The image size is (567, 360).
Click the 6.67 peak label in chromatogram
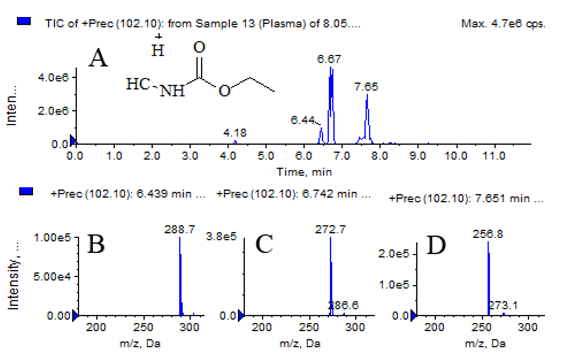point(329,59)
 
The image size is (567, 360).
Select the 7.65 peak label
point(366,86)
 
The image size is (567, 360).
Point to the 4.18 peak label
point(235,132)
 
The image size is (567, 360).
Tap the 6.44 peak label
point(303,120)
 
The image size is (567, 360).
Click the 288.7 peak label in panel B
point(180,229)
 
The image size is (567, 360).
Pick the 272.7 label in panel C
point(330,229)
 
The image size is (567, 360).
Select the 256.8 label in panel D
point(488,234)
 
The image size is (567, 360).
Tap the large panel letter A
point(98,58)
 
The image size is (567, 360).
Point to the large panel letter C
point(264,244)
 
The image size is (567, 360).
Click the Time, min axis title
point(304,172)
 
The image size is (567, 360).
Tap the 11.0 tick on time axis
point(494,156)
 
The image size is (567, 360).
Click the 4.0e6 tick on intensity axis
point(53,77)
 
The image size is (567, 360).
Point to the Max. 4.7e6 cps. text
point(503,24)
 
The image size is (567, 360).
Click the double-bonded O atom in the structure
point(199,48)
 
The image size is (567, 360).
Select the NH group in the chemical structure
point(172,91)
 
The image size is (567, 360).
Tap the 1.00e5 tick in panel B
point(52,237)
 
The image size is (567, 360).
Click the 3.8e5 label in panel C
point(221,237)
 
